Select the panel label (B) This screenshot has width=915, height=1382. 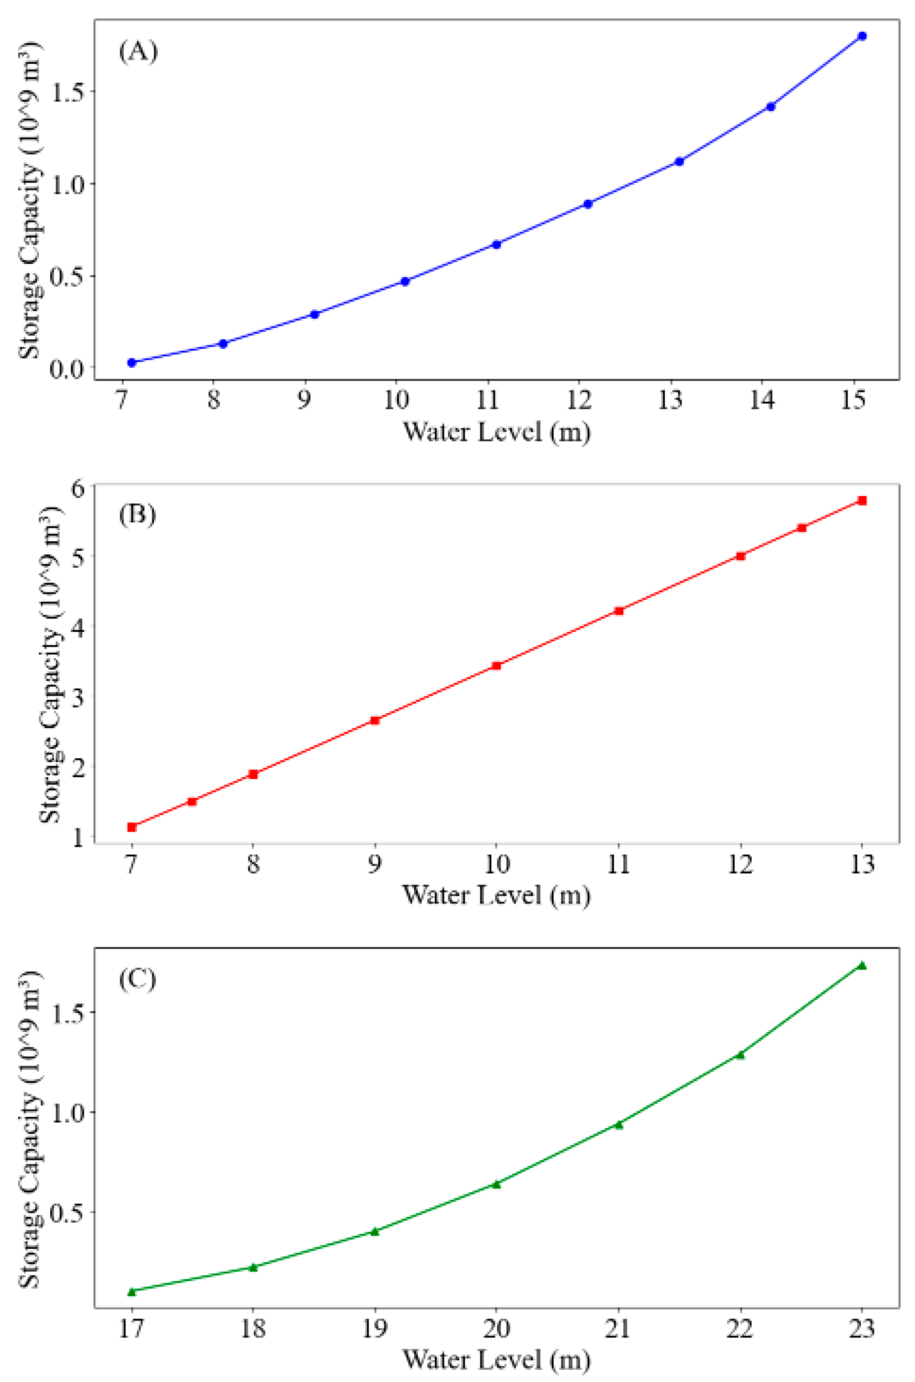[x=138, y=515]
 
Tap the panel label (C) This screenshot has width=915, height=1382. [x=138, y=979]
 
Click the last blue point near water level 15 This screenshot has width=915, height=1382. [x=862, y=36]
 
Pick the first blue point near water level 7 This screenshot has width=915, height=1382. [x=132, y=363]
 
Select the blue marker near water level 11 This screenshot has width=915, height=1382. [x=497, y=245]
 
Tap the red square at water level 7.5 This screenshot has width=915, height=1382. [x=192, y=802]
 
